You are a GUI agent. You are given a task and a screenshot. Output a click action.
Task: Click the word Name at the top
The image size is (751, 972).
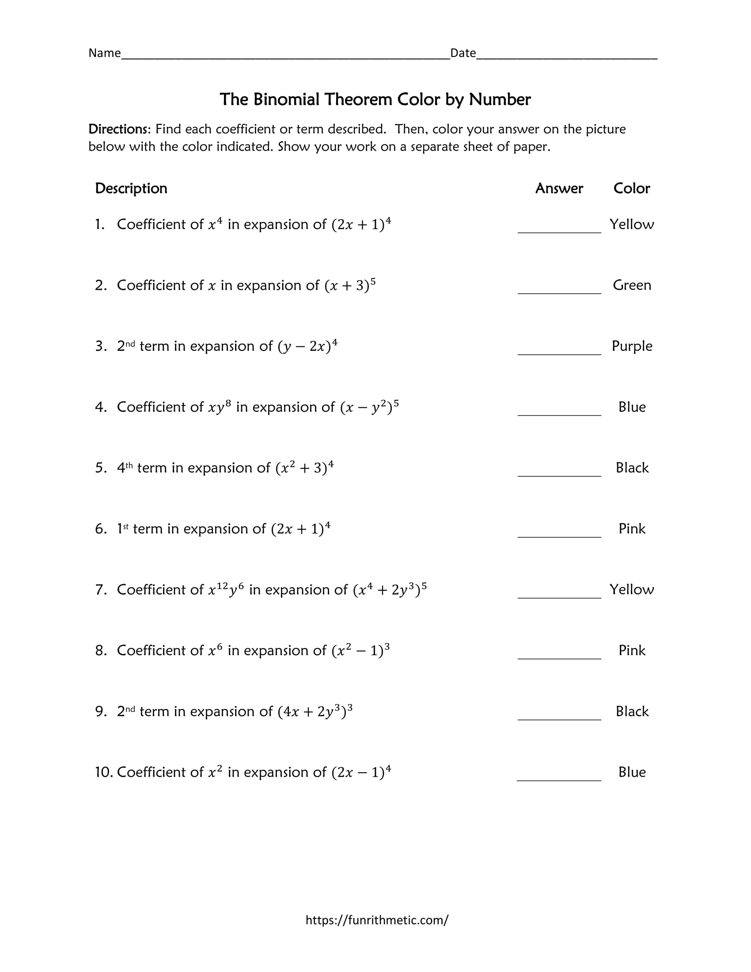click(105, 53)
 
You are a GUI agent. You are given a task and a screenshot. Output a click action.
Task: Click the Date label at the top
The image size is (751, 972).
click(463, 53)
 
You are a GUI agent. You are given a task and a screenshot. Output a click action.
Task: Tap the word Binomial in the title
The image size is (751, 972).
click(287, 99)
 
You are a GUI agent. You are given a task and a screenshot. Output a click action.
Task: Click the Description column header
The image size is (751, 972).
click(131, 188)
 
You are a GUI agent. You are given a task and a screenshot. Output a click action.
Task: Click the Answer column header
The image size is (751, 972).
click(559, 188)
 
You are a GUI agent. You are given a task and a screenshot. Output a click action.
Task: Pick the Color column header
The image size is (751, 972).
click(631, 188)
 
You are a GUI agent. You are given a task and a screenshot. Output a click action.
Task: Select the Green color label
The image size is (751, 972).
click(632, 285)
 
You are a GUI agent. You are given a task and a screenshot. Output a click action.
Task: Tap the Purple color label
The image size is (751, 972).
click(632, 346)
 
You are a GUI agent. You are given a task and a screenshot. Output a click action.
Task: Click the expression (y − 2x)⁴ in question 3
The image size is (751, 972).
click(307, 346)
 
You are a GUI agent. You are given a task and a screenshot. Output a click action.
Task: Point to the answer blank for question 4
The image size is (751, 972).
click(559, 410)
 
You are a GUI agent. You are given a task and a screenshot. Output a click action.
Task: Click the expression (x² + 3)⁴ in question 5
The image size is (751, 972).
click(304, 467)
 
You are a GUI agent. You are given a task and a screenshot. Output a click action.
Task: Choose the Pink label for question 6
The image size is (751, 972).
click(632, 528)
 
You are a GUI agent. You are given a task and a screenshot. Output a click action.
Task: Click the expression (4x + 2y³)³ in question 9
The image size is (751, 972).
click(315, 711)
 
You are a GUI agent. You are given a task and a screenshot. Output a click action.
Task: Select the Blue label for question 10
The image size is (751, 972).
click(632, 772)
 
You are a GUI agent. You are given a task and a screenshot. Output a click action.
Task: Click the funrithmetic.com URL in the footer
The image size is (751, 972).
click(377, 920)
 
